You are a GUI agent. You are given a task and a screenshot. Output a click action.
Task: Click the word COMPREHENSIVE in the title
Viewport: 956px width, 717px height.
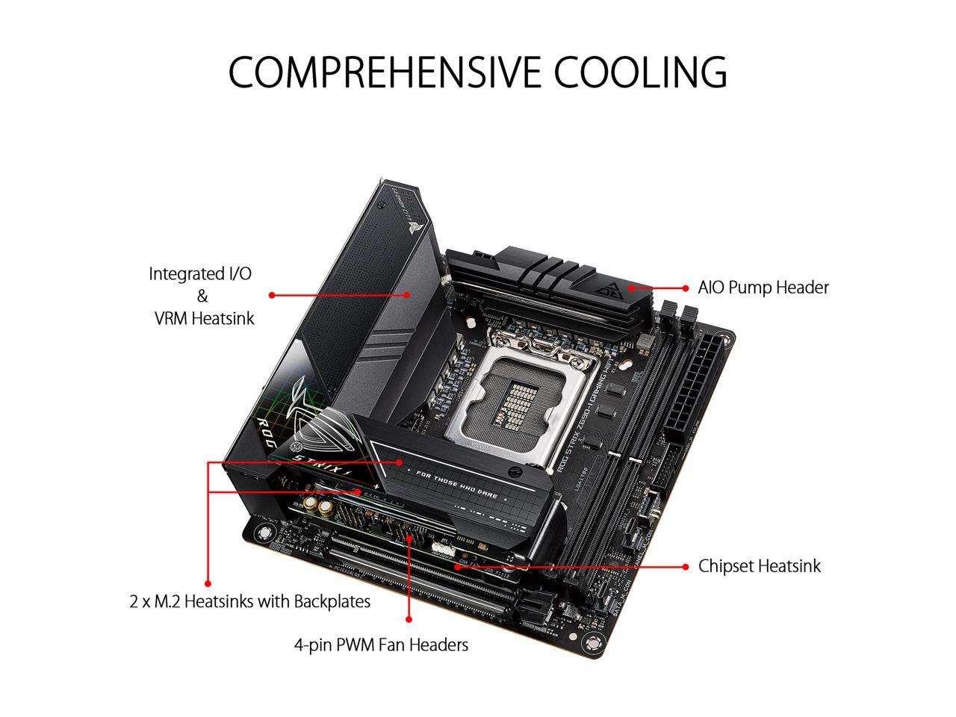(x=385, y=72)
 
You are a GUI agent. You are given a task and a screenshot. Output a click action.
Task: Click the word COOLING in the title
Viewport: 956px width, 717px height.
(x=640, y=72)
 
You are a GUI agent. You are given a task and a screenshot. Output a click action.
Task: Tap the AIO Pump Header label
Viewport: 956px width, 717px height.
(x=763, y=288)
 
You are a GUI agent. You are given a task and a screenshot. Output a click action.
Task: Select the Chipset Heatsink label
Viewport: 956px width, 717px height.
(x=759, y=566)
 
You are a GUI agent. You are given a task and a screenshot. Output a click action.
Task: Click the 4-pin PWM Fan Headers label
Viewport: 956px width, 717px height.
(x=381, y=645)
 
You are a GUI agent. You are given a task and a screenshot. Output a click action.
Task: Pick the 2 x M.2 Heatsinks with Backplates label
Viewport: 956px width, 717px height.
(x=249, y=601)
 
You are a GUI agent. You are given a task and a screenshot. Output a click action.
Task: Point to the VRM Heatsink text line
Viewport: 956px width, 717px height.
(x=204, y=318)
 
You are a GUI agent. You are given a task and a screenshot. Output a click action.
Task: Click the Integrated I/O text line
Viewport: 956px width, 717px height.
(x=200, y=273)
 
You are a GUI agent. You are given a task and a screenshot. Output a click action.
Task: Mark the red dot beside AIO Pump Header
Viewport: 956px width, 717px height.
(x=686, y=288)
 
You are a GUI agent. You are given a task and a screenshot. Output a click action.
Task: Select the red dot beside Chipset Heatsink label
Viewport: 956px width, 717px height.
(x=686, y=567)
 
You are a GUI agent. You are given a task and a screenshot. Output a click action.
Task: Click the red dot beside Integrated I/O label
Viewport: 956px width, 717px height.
(x=271, y=295)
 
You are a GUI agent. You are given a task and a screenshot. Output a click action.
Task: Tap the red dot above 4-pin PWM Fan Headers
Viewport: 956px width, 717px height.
(x=409, y=619)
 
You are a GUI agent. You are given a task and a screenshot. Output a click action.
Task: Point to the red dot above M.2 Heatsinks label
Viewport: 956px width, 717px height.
(x=208, y=583)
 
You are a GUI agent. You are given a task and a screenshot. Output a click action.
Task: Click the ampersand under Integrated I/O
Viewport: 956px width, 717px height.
(x=202, y=296)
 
